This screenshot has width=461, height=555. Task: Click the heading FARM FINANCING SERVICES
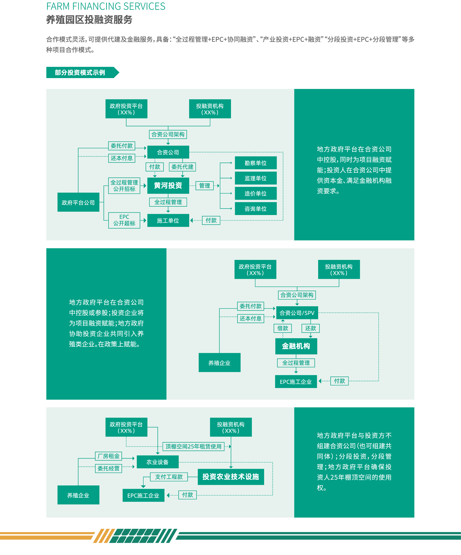pyautogui.click(x=106, y=6)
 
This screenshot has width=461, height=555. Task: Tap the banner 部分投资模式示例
pyautogui.click(x=80, y=73)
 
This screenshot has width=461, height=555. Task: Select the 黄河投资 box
pyautogui.click(x=168, y=185)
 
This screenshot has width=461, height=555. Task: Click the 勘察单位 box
pyautogui.click(x=255, y=163)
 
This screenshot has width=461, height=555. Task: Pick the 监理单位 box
pyautogui.click(x=255, y=178)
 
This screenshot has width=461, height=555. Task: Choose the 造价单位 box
pyautogui.click(x=255, y=193)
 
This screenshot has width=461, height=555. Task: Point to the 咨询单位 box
pyautogui.click(x=255, y=209)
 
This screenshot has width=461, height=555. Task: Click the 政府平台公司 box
pyautogui.click(x=78, y=203)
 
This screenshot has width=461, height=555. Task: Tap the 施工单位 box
pyautogui.click(x=168, y=220)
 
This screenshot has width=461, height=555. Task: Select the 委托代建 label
pyautogui.click(x=182, y=167)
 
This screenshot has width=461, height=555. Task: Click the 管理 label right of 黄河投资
pyautogui.click(x=205, y=185)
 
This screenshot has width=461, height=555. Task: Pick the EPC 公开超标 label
pyautogui.click(x=124, y=220)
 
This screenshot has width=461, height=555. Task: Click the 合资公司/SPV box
pyautogui.click(x=297, y=313)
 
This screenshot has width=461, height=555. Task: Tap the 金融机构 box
pyautogui.click(x=296, y=346)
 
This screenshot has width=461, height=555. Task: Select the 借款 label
pyautogui.click(x=283, y=328)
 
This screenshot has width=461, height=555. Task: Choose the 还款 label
pyautogui.click(x=310, y=328)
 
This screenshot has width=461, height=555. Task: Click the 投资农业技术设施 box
pyautogui.click(x=231, y=477)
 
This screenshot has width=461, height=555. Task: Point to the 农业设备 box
pyautogui.click(x=158, y=462)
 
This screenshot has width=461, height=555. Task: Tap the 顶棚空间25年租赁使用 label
pyautogui.click(x=193, y=446)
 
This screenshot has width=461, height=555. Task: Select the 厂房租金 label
pyautogui.click(x=108, y=456)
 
